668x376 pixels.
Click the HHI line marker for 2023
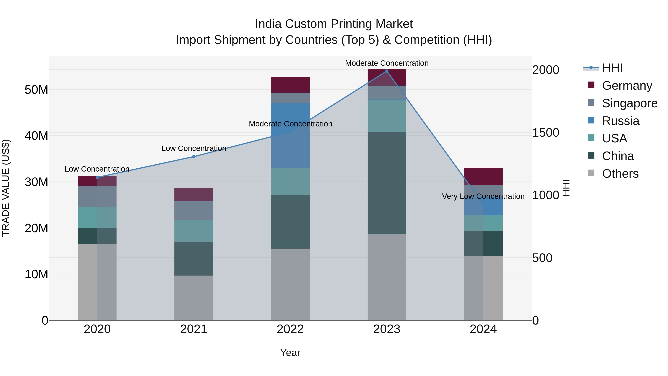(x=387, y=71)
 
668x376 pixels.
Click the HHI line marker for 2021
(x=194, y=157)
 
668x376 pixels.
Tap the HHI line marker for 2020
(x=97, y=178)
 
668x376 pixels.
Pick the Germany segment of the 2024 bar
(x=483, y=176)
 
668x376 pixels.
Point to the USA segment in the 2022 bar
(x=290, y=181)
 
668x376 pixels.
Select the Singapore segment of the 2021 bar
(x=194, y=210)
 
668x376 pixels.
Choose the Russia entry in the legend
(x=620, y=121)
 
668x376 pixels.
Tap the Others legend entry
(x=620, y=174)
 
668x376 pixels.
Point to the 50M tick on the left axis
(x=36, y=90)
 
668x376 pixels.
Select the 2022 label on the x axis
(x=290, y=329)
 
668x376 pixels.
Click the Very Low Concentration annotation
(x=483, y=196)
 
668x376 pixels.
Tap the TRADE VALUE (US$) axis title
(x=6, y=188)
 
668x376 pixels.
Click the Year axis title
(x=290, y=353)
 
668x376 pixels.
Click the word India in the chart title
(x=268, y=24)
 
